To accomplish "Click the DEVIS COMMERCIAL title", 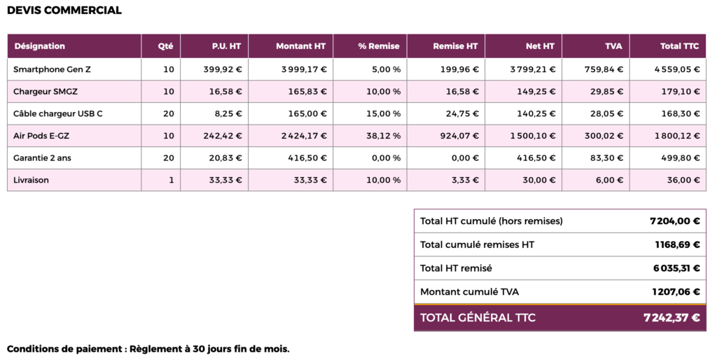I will (64, 11).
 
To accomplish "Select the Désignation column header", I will (39, 46).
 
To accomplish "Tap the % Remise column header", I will (379, 46).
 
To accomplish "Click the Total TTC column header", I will (680, 46).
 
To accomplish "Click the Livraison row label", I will (32, 180).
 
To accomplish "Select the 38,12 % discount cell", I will (383, 136).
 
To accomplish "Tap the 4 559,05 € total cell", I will (677, 69).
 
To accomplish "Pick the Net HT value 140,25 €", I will (537, 113).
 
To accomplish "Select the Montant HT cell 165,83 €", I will (307, 92).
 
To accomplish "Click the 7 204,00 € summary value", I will (674, 221).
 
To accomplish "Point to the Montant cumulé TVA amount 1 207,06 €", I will (674, 292).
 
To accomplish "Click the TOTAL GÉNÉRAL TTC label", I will (478, 318).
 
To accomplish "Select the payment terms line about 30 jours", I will (148, 349).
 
